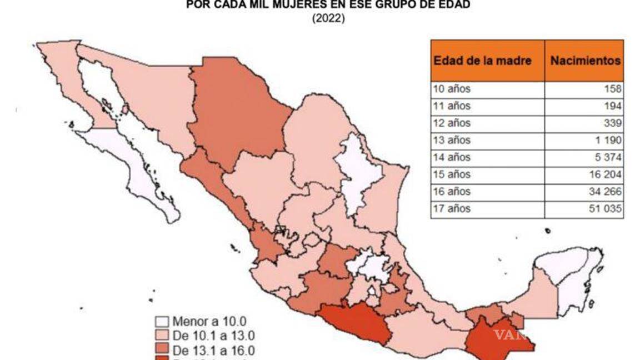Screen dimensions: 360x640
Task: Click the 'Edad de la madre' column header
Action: [482, 61]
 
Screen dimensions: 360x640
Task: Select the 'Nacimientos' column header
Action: [585, 61]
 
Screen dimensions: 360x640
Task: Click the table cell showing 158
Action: [614, 89]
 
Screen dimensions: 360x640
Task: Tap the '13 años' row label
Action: [451, 140]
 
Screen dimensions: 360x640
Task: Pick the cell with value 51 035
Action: [607, 209]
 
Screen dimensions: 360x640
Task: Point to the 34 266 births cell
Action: [607, 192]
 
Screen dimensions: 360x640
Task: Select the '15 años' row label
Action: [451, 174]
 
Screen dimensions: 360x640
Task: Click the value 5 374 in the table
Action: [609, 157]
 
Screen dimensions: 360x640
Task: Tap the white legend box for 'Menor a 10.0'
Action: [162, 322]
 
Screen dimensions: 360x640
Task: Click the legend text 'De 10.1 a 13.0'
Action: [213, 336]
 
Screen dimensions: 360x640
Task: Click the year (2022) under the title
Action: [329, 18]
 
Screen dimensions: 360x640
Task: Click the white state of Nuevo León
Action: [360, 172]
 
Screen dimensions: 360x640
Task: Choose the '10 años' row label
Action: [451, 89]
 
